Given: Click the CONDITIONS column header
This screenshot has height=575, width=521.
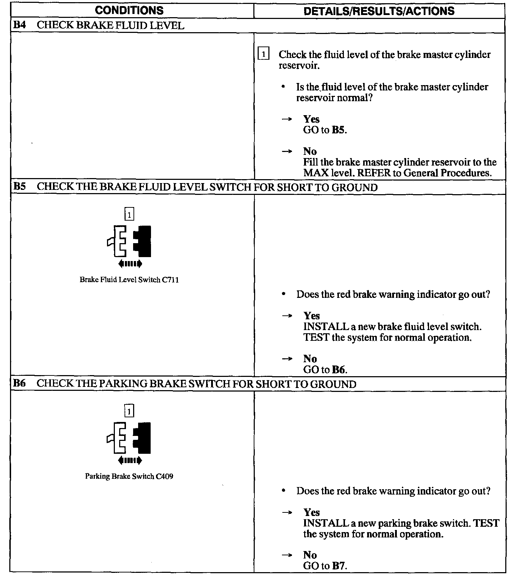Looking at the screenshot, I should pos(129,10).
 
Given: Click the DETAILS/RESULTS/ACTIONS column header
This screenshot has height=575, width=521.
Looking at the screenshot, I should pos(379,11).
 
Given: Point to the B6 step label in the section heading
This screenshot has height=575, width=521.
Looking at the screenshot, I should pos(19,384).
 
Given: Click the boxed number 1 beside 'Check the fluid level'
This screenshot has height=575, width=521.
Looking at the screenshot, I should pos(263,54).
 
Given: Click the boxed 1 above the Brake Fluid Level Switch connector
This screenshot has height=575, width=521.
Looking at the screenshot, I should pos(129,215).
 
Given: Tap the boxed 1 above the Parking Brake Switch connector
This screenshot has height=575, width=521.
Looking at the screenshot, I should pos(129,411).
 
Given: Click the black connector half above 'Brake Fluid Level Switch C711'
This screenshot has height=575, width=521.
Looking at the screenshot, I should pos(143,241).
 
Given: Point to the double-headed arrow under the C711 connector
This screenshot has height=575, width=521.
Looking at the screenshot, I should pos(130,264).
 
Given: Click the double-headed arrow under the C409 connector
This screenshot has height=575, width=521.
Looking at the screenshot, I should pos(130,460).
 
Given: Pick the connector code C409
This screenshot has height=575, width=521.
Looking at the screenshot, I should pos(165,476).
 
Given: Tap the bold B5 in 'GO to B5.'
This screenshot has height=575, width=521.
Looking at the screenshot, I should pos(339,130).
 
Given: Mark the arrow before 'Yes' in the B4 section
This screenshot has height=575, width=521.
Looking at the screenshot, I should pos(287,119).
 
